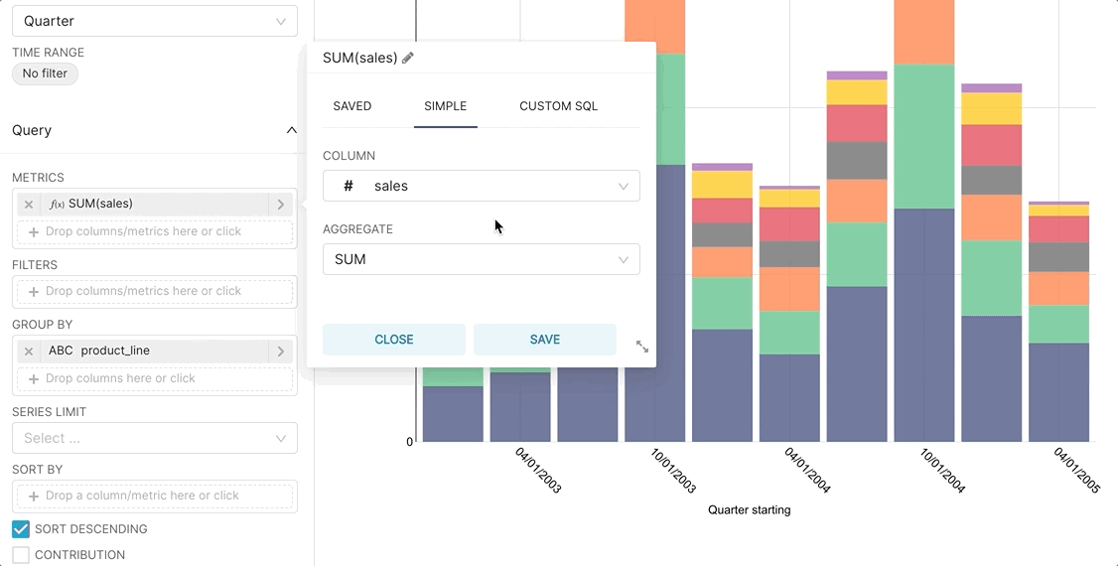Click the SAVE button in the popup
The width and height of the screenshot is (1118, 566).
click(x=544, y=340)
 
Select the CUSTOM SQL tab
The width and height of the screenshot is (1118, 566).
click(x=558, y=106)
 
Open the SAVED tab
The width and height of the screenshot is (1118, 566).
click(x=352, y=106)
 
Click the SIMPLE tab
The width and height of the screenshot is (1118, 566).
click(x=445, y=106)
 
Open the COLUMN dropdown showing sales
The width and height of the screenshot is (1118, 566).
click(x=481, y=186)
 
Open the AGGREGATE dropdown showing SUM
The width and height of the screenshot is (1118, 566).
click(x=481, y=259)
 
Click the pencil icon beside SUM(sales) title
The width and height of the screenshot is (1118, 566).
click(x=408, y=58)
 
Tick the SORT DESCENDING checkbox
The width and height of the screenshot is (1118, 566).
click(x=21, y=529)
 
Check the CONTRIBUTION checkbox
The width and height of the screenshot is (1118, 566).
click(x=21, y=555)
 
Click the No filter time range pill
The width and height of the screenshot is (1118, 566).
click(x=45, y=73)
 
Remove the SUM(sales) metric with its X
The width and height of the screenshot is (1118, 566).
click(x=29, y=205)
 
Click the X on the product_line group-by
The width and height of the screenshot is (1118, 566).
click(x=29, y=352)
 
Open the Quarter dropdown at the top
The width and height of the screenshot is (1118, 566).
click(x=154, y=21)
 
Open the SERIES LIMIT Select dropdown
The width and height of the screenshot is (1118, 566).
click(x=154, y=438)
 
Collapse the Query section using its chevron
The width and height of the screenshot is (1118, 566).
click(x=291, y=130)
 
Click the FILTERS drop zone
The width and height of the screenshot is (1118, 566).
click(x=154, y=291)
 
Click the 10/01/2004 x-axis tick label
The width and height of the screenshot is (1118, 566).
click(x=942, y=471)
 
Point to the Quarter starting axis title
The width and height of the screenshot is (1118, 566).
click(x=749, y=510)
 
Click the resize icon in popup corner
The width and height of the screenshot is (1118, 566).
click(x=642, y=347)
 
